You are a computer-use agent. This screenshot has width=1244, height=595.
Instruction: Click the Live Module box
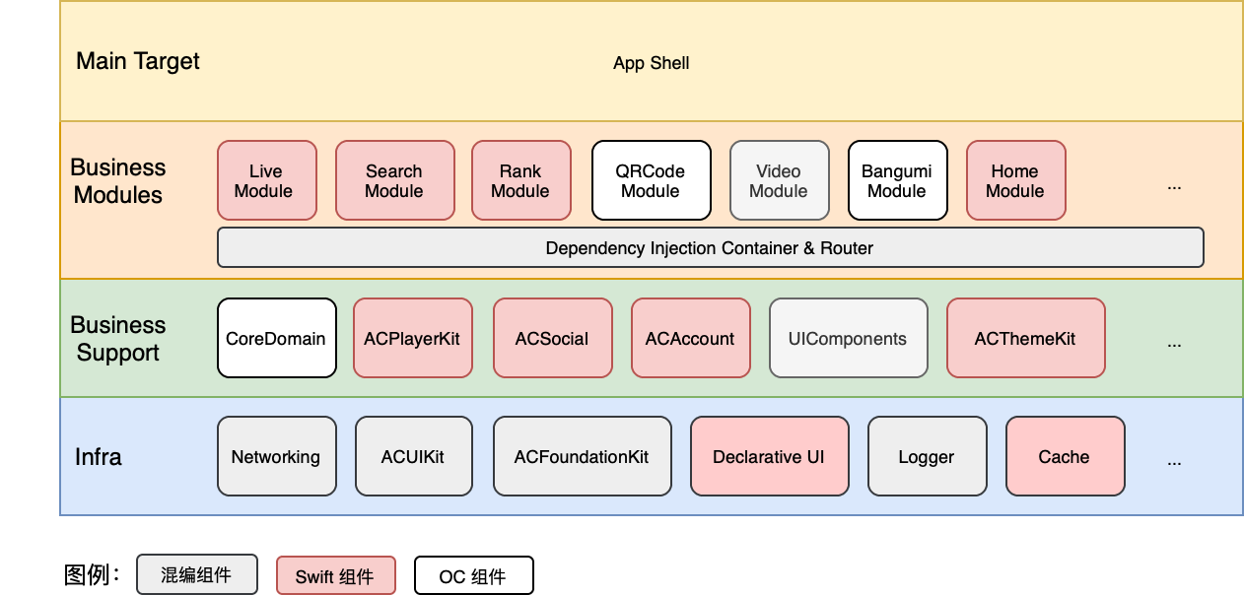coord(267,180)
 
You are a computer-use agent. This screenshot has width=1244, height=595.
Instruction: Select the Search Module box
coord(395,180)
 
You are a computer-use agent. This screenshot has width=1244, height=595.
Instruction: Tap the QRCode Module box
coord(652,180)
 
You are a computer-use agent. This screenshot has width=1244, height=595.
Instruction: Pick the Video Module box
coord(780,180)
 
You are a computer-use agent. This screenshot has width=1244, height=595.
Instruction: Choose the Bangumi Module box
coord(898,180)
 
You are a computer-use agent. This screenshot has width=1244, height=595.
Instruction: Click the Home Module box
coord(1016,180)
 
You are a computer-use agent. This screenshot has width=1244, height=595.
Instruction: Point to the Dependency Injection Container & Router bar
coord(711,247)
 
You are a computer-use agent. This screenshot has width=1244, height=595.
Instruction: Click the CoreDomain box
coord(277,338)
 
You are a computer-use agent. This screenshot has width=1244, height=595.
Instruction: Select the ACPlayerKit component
coord(413,338)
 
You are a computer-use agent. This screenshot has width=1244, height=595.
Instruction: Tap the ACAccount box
coord(691,338)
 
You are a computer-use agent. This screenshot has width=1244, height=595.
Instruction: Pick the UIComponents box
coord(849,338)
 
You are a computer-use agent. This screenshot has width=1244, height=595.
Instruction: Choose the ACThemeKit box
coord(1026,338)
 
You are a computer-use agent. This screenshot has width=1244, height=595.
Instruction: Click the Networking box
coord(277,456)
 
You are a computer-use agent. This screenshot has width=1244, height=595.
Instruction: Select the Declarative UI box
coord(770,456)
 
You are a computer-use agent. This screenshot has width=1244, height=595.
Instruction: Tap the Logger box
coord(928,456)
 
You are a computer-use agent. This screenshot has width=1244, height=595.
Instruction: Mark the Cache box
coord(1066,456)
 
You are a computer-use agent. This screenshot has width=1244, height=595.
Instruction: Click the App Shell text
coord(652,63)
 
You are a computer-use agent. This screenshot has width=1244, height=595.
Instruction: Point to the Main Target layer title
coord(138,61)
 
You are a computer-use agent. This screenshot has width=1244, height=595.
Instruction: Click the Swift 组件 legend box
coord(336,575)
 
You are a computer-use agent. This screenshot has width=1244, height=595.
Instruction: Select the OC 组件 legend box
coord(474,575)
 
